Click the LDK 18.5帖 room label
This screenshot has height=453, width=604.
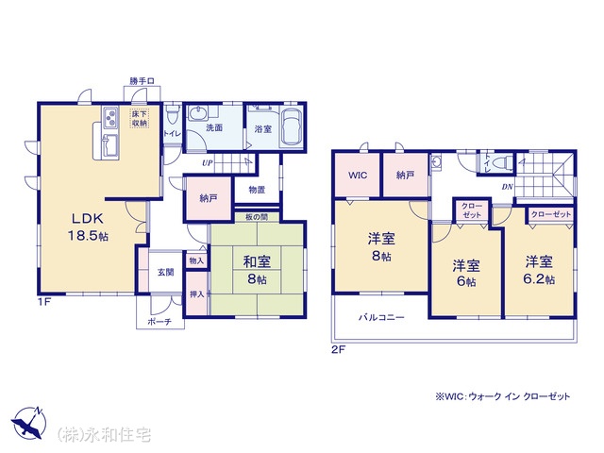click(x=88, y=226)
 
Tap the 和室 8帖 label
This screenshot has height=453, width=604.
click(x=257, y=270)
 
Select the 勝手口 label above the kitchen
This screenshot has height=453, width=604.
click(x=142, y=81)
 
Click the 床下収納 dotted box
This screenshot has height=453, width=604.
click(x=140, y=119)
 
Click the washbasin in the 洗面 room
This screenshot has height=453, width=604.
click(x=198, y=114)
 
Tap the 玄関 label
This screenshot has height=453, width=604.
click(x=165, y=272)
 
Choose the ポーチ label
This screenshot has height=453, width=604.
click(x=159, y=321)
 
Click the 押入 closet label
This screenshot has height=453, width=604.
click(x=197, y=294)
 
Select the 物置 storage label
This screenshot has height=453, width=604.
click(x=257, y=190)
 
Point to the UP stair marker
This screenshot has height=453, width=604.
click(x=208, y=163)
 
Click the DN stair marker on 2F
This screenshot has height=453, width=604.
click(x=508, y=187)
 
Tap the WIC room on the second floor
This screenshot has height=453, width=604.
click(x=357, y=175)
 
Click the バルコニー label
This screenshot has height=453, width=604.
click(x=381, y=317)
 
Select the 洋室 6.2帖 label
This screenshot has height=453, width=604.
click(x=539, y=270)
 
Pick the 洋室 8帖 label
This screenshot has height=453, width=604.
click(x=381, y=247)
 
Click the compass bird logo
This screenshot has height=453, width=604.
click(x=29, y=422)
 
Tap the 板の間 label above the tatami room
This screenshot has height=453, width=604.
click(x=257, y=217)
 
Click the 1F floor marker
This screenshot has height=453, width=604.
click(x=44, y=302)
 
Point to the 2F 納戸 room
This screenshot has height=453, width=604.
click(x=405, y=175)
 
